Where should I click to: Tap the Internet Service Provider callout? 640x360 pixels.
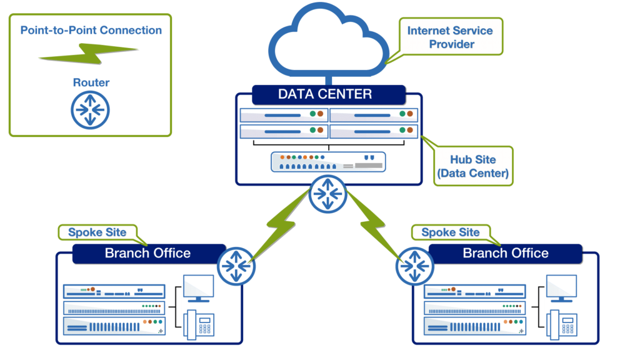pyautogui.click(x=450, y=37)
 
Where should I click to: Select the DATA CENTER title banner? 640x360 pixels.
pyautogui.click(x=325, y=94)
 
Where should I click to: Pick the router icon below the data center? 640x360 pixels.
pyautogui.click(x=327, y=194)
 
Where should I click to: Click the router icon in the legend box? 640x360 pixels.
pyautogui.click(x=90, y=109)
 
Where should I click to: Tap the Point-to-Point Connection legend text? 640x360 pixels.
pyautogui.click(x=91, y=30)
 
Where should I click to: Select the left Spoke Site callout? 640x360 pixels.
pyautogui.click(x=97, y=232)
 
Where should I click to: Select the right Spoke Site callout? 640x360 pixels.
pyautogui.click(x=451, y=232)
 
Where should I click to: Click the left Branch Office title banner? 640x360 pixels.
pyautogui.click(x=148, y=253)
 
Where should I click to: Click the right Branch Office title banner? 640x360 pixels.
pyautogui.click(x=506, y=253)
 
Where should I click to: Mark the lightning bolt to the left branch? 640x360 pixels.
pyautogui.click(x=278, y=226)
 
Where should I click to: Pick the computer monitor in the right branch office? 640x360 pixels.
pyautogui.click(x=561, y=287)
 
